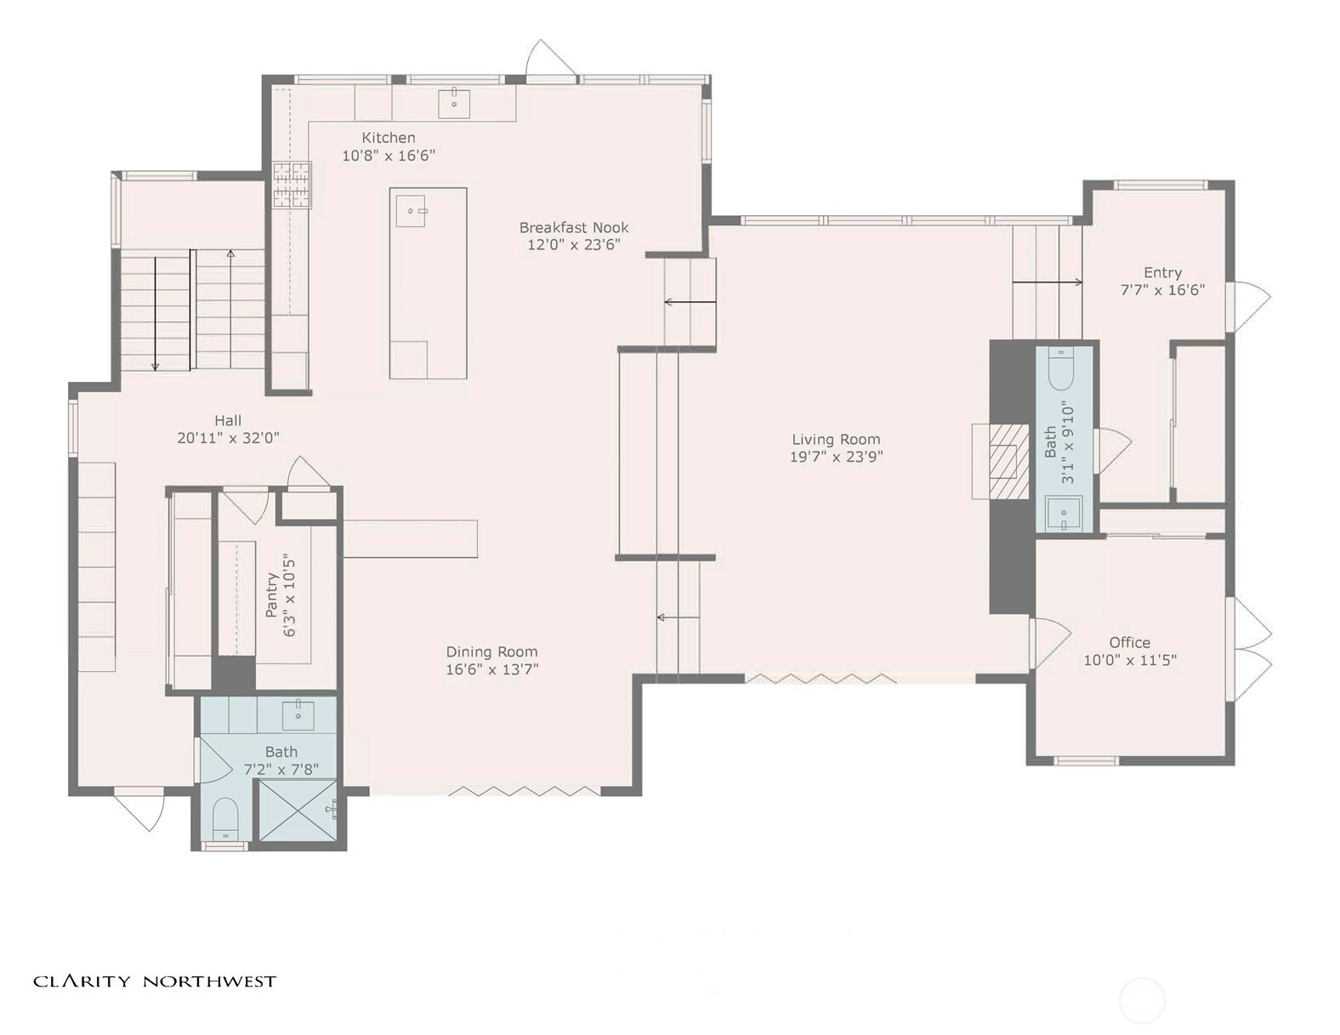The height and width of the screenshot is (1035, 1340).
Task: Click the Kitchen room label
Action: [388, 138]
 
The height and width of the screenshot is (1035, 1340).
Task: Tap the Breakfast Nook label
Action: [573, 228]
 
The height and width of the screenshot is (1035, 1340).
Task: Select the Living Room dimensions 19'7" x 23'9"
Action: [836, 457]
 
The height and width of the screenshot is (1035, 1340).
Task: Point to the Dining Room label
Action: [491, 652]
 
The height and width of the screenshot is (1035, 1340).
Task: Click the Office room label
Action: [1130, 643]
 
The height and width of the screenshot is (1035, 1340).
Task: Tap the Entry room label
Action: [1162, 273]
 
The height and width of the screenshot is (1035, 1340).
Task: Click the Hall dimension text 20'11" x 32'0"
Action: [228, 438]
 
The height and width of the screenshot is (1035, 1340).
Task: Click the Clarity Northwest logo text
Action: [155, 981]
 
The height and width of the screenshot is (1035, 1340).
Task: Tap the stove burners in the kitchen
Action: [292, 184]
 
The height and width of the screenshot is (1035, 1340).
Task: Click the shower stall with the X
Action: [298, 810]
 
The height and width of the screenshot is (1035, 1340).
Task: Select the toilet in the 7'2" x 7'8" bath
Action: [224, 819]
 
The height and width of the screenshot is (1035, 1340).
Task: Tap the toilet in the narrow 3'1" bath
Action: [1064, 369]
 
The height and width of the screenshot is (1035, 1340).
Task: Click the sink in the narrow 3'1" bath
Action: [1064, 514]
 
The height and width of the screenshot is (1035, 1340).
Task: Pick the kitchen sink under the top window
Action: [454, 104]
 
